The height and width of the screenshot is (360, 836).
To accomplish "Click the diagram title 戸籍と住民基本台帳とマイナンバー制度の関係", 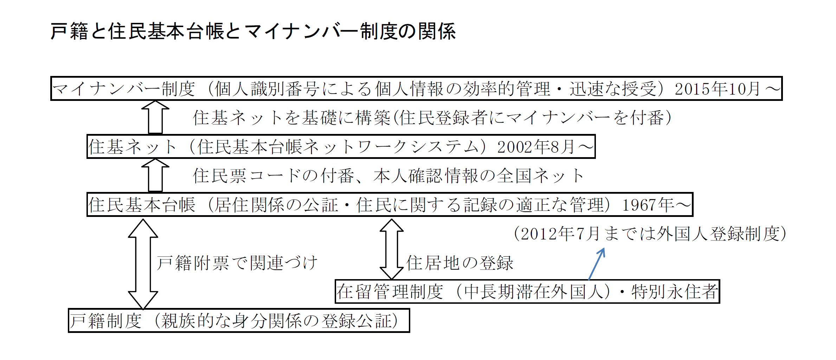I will [x=253, y=31].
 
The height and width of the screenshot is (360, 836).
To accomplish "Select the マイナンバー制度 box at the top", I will [x=416, y=89].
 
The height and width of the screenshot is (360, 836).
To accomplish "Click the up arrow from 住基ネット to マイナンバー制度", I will [x=155, y=117].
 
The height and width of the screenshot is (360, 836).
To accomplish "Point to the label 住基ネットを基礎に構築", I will [x=292, y=118].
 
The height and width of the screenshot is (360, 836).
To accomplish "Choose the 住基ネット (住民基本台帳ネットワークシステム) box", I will [x=341, y=147].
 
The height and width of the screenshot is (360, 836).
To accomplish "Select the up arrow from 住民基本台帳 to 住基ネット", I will [x=155, y=175].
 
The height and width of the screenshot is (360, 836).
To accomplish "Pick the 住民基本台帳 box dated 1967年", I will [x=390, y=205].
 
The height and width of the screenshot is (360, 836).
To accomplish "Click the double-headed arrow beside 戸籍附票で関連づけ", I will [x=143, y=264].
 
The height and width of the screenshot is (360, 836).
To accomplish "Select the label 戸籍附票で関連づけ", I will [x=237, y=263].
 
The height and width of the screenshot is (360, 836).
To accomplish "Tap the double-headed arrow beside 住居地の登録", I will [x=392, y=249].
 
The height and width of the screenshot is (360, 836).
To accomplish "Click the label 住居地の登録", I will [x=460, y=263].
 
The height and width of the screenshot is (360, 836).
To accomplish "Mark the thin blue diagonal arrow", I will [x=597, y=264].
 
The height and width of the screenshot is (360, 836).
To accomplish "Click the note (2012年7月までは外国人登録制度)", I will [x=650, y=234].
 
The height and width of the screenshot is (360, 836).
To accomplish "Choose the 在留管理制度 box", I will [x=527, y=291].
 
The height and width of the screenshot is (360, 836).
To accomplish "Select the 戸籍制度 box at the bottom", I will [x=239, y=321].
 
